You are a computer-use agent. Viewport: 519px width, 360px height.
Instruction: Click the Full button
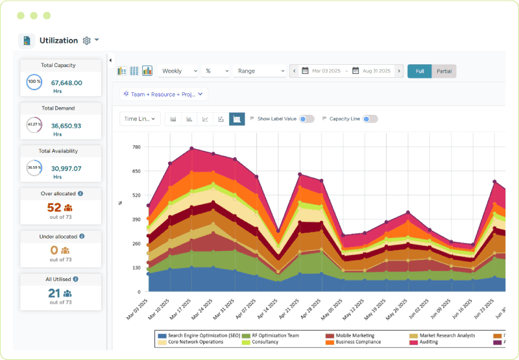point(420,71)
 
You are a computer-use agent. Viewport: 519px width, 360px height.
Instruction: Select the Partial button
point(444,71)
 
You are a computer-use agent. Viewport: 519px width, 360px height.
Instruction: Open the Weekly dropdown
point(178,71)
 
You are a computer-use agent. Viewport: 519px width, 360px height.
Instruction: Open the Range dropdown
point(260,71)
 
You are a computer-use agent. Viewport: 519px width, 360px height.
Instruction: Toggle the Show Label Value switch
point(306,119)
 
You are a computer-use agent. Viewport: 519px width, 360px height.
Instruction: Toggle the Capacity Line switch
point(370,119)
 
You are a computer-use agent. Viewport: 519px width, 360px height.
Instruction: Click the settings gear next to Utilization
point(87,41)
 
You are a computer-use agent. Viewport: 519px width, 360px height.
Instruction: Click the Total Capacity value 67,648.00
point(66,83)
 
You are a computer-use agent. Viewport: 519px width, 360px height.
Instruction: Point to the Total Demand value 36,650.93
point(66,126)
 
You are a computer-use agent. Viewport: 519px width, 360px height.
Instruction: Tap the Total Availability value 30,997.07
point(66,169)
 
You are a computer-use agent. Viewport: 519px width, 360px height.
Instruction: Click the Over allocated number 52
point(54,208)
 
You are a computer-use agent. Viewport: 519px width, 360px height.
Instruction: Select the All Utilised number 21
point(54,293)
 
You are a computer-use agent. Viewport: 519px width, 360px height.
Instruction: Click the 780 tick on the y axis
point(136,147)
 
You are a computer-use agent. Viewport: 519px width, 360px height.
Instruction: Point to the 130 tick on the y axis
point(136,267)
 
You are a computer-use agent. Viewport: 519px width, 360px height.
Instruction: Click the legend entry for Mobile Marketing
point(354,335)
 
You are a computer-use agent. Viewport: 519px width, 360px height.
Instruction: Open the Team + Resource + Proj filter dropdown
point(163,94)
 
